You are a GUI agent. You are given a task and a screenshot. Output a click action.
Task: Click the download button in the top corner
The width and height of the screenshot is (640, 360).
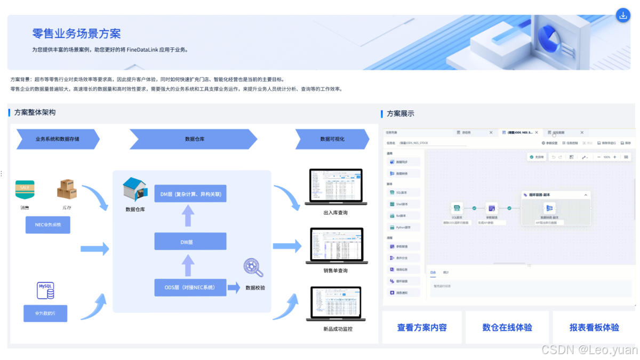coord(622,15)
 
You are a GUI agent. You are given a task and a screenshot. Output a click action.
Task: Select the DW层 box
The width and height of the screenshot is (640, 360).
coord(190,242)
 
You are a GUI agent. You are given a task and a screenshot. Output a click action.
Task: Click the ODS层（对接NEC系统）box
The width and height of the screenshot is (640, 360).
coord(190,287)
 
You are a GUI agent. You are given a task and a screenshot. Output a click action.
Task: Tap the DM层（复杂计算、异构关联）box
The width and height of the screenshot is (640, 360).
coord(190,194)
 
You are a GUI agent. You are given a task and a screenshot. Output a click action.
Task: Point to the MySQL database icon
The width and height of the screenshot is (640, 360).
coord(45,291)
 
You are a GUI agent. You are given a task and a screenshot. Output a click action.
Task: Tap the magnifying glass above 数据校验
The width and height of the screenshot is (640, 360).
coord(253,268)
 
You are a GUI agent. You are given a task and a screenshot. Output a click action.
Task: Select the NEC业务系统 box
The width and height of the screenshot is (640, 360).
coord(48,225)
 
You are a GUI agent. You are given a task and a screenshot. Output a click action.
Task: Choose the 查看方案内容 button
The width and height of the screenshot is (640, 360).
coord(422,327)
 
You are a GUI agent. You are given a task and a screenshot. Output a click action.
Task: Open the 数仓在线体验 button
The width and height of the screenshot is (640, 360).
coord(507,327)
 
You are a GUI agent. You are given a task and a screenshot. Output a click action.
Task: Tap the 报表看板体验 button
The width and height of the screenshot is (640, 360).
coord(594,327)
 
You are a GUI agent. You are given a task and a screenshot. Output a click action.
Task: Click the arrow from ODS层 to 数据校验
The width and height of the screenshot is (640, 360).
coord(234,288)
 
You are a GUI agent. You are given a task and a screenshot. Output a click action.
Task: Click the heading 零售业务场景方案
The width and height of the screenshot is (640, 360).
coord(76,34)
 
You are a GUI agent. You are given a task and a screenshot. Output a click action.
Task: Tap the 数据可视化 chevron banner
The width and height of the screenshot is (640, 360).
coord(332,139)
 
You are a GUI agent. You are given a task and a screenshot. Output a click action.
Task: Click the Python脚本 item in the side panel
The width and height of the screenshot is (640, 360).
coord(404,227)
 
